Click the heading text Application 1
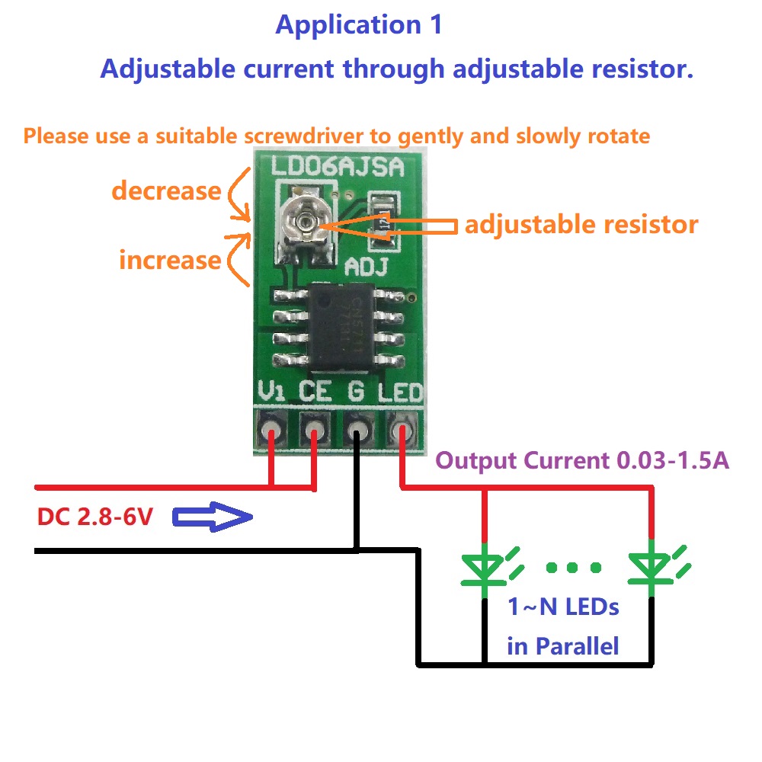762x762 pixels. [358, 24]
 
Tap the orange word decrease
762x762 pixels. [166, 190]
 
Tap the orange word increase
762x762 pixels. [169, 260]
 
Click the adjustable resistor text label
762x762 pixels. [581, 225]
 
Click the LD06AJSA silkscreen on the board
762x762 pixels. [338, 165]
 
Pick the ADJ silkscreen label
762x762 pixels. [367, 267]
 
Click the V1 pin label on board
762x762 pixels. [272, 392]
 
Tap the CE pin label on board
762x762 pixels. [315, 392]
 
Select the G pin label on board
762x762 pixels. [355, 392]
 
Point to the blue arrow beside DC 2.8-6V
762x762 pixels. [212, 518]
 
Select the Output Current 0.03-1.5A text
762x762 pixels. [582, 460]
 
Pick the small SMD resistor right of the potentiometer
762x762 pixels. [383, 221]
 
